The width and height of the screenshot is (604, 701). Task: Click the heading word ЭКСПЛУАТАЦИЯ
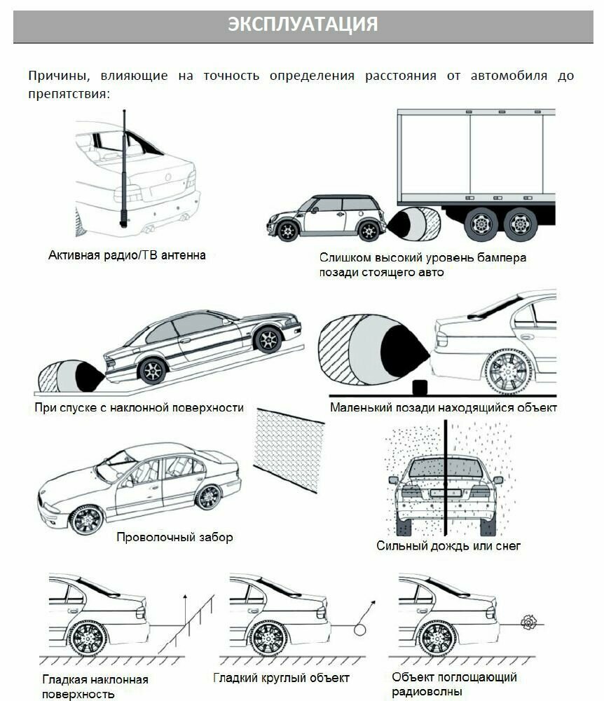pos(302,24)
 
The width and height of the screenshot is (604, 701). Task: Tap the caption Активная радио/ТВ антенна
pos(127,255)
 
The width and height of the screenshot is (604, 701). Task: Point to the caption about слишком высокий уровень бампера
pos(422,265)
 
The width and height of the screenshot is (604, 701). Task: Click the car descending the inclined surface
pos(203,343)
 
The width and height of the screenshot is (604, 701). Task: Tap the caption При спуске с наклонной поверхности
pos(139,407)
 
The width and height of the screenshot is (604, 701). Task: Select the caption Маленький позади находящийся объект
pos(443,407)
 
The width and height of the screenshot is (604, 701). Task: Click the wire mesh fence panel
pos(289,450)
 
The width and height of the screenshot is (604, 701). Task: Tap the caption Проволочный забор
pos(174,538)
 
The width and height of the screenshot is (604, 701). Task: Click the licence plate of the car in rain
pos(446,494)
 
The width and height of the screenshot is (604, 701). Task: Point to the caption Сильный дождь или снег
pos(448,545)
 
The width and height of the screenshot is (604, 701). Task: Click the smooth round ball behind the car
pos(360,629)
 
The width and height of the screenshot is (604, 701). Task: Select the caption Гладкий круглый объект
pos(281,678)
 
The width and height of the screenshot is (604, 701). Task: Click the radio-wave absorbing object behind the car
pos(528,621)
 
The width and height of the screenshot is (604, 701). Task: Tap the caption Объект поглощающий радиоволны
pos(454,684)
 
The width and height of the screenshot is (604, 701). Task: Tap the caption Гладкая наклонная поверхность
pos(95,686)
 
